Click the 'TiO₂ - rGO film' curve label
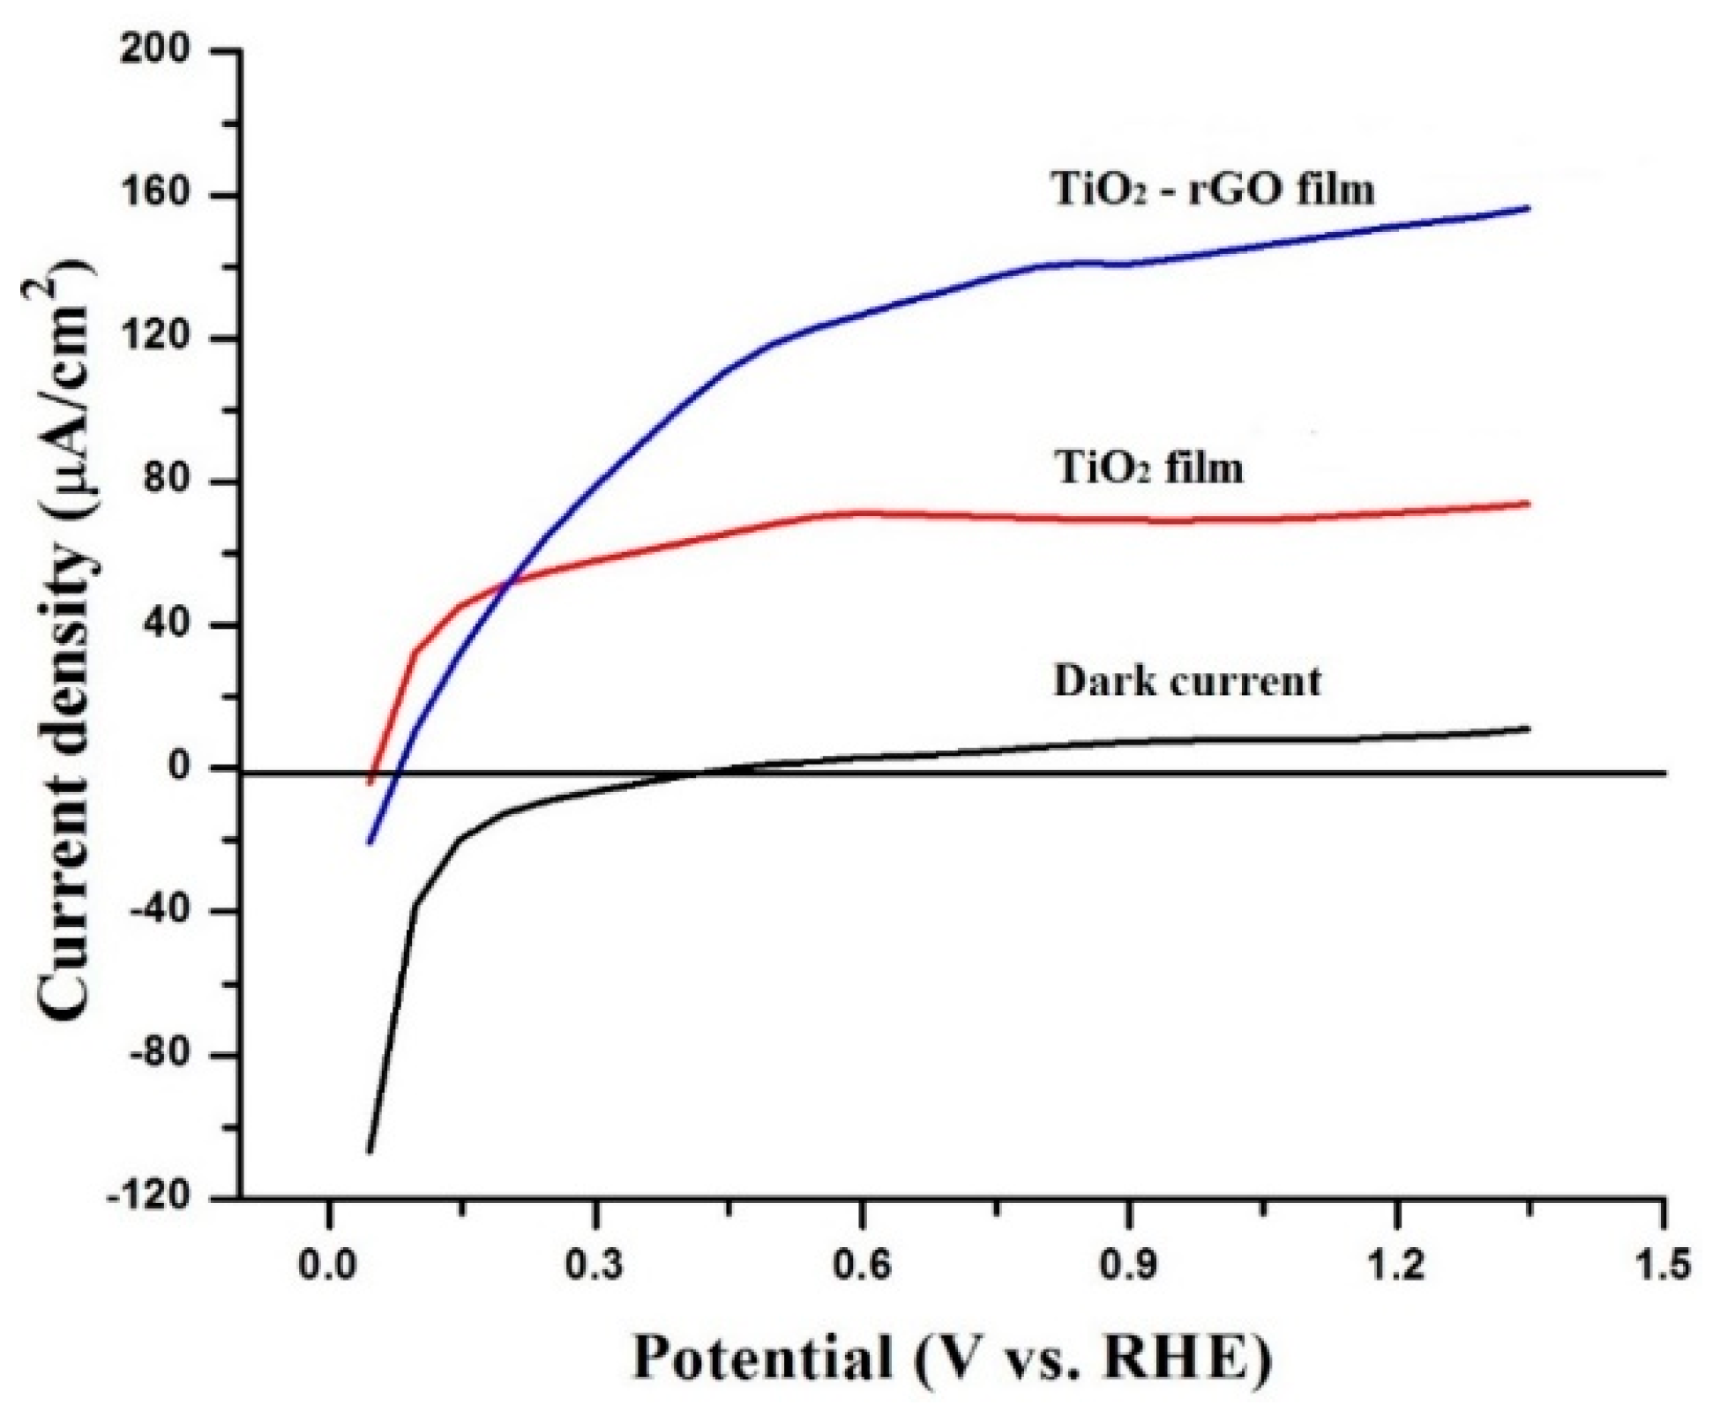[x=1214, y=190]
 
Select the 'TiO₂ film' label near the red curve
[x=1149, y=467]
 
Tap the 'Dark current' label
[x=1187, y=681]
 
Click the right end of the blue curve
[x=1529, y=208]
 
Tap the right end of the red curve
[x=1529, y=504]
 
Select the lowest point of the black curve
[x=370, y=1152]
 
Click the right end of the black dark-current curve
[x=1529, y=729]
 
